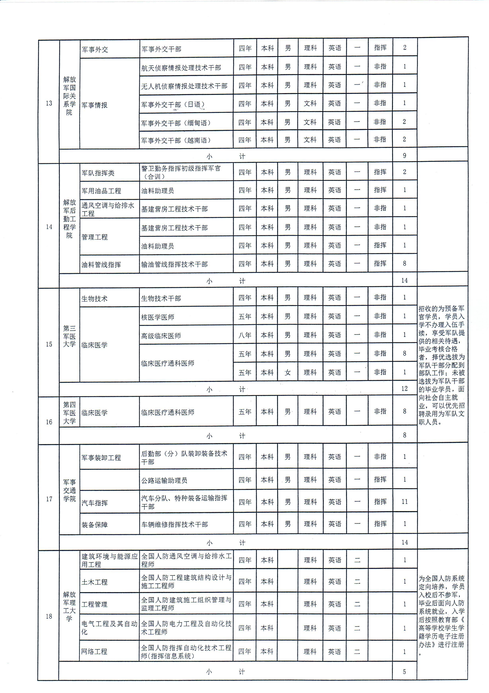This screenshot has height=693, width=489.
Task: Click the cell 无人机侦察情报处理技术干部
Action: [184, 86]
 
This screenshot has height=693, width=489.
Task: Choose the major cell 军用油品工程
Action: [101, 191]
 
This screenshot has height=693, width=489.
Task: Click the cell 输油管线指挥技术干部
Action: [174, 264]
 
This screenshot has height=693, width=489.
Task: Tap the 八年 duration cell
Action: [245, 335]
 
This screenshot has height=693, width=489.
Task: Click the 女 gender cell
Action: [288, 372]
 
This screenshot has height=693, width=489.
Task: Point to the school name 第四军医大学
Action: [69, 413]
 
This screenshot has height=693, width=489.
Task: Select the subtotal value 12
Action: [404, 389]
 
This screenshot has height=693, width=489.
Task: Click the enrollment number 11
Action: [404, 502]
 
